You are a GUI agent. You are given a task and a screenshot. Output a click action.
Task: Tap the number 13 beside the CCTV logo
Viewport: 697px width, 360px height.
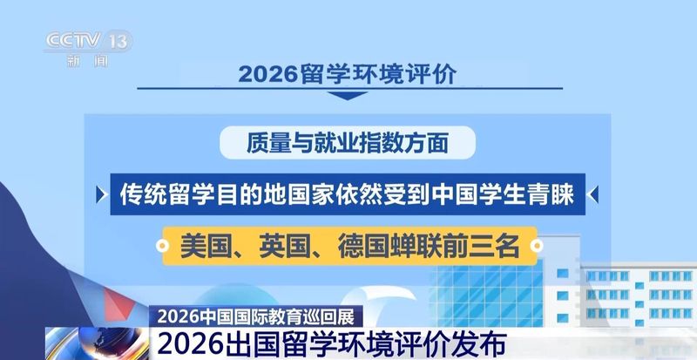tap(119, 41)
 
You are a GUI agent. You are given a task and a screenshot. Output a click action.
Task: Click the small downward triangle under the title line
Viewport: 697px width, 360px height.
tap(348, 95)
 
